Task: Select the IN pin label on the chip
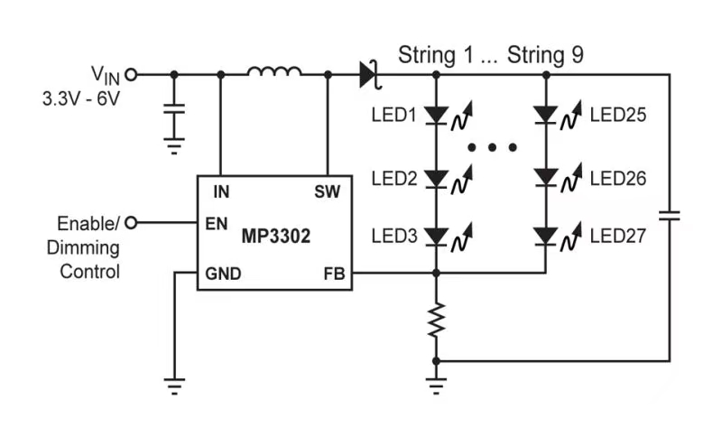221,191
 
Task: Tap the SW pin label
327,191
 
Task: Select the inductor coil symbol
274,73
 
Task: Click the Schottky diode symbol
368,74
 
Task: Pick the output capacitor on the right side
669,216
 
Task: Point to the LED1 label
393,116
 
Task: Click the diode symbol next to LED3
437,237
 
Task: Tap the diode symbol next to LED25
546,115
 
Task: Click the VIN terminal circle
131,75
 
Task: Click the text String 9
545,53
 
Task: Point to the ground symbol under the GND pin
174,386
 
